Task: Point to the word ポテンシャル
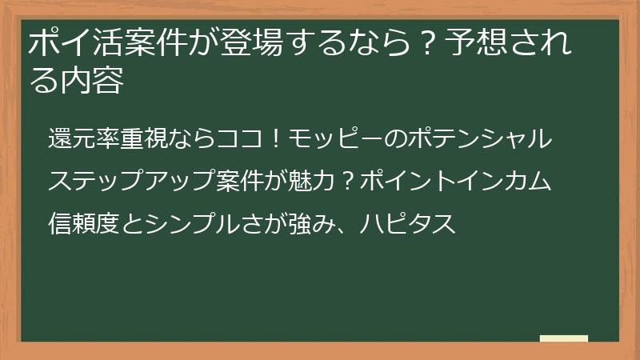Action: pyautogui.click(x=478, y=138)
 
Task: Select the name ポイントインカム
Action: pyautogui.click(x=454, y=181)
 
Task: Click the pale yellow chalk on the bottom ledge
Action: pyautogui.click(x=563, y=339)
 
